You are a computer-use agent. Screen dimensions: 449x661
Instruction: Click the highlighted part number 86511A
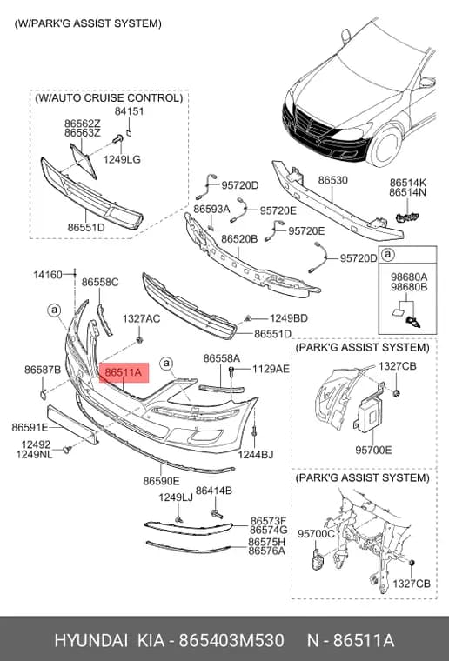123,372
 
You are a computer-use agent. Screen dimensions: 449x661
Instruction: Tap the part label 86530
333,180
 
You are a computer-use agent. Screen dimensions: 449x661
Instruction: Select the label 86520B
239,239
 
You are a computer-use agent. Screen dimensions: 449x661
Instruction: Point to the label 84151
130,111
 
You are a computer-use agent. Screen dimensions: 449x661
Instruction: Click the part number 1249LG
123,159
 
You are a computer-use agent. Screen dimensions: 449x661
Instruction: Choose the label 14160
48,275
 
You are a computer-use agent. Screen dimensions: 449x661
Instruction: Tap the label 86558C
100,282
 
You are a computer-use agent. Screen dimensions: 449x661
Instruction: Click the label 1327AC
141,318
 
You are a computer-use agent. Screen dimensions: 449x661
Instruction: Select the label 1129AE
271,370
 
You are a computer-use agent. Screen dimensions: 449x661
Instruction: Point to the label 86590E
161,481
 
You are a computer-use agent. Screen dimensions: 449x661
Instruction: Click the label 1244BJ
256,454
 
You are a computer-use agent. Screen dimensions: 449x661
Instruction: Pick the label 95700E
373,450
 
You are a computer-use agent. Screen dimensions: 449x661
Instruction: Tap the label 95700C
316,534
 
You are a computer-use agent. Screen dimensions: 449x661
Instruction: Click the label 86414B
214,491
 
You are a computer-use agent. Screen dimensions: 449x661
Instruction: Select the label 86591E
30,427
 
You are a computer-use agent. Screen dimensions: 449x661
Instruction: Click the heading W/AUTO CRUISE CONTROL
109,98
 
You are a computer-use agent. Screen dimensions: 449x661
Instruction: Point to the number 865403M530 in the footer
231,641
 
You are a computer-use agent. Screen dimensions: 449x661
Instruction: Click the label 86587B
43,370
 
